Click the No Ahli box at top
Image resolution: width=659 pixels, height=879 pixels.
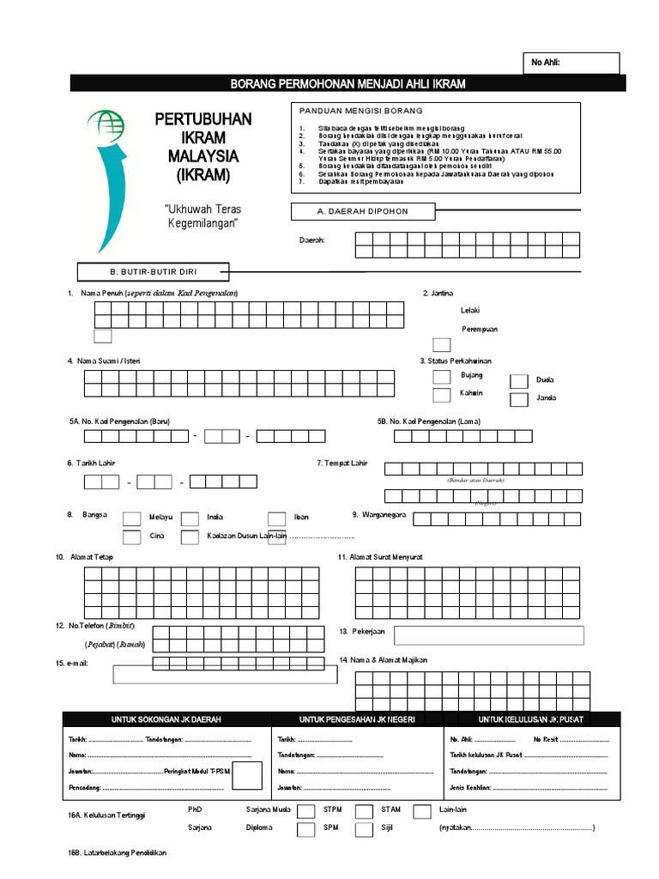point(572,63)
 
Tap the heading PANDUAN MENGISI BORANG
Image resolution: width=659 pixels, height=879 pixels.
point(361,112)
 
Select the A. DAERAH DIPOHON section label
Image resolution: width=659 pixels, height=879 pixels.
point(364,211)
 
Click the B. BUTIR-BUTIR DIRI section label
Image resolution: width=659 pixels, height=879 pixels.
point(154,272)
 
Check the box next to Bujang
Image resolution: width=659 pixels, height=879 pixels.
point(441,376)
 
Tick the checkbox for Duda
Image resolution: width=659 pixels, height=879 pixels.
point(519,381)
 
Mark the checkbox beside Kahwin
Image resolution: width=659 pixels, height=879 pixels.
point(441,395)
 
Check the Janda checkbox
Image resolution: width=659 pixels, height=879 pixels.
point(519,399)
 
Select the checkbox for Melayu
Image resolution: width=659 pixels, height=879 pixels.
point(132,518)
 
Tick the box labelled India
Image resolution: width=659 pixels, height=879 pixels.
point(190,518)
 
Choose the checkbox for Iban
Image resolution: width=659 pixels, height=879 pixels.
point(276,518)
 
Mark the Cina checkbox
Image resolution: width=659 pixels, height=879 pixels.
point(132,537)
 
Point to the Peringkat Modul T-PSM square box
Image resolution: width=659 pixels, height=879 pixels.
point(248,775)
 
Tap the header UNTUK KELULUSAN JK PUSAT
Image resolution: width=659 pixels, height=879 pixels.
point(523,719)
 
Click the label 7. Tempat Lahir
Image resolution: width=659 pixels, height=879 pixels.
point(342,464)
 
